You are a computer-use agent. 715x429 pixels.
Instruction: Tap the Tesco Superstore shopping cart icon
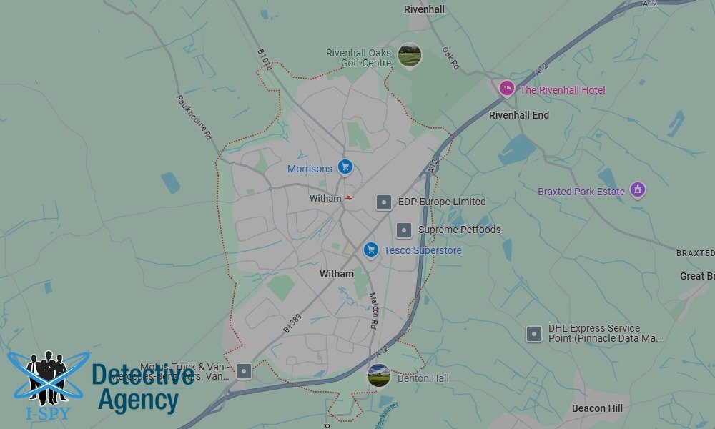click(370, 250)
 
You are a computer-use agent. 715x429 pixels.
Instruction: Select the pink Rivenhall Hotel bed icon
click(507, 89)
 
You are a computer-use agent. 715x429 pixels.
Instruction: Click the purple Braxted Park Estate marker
click(638, 190)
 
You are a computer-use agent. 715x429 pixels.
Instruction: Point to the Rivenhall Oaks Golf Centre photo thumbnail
click(410, 55)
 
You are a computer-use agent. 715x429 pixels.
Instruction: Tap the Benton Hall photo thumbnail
click(379, 375)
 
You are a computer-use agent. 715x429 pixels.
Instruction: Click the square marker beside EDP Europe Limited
click(384, 202)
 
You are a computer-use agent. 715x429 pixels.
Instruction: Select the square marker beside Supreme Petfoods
click(404, 230)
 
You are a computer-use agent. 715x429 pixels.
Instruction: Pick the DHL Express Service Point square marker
click(534, 333)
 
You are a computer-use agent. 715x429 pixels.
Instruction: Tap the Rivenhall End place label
click(519, 114)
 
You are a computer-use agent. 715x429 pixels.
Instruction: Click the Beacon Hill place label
click(597, 408)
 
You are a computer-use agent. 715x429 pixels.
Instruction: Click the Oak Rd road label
click(450, 59)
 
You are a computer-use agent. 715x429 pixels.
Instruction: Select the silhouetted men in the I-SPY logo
click(46, 375)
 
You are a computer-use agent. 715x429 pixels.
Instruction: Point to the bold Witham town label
click(336, 274)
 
